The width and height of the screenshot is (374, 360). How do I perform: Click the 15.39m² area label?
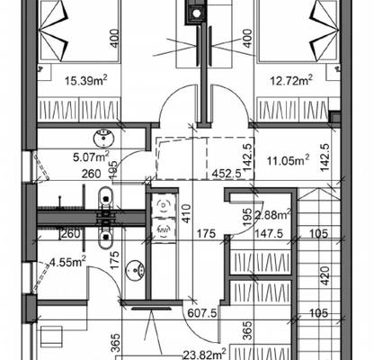pos(86,80)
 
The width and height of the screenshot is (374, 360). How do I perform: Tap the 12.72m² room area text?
pos(292,80)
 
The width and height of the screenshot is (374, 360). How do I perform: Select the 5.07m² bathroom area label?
pos(91,156)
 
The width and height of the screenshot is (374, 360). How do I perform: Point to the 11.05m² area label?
pos(288,160)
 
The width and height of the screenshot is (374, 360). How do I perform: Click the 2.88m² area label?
pos(272,215)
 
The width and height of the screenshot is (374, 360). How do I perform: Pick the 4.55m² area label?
pos(68,262)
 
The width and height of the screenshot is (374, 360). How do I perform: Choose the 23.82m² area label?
pos(205,355)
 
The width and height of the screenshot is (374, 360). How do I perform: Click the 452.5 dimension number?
pos(227,174)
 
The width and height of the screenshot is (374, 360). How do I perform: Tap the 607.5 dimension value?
pos(202,313)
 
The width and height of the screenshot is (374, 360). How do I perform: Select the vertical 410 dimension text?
pos(186,213)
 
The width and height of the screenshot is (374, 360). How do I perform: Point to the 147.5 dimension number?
pos(269,233)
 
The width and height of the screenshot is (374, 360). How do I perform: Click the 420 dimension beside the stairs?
pos(325,275)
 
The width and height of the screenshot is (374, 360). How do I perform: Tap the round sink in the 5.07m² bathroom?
pos(104,139)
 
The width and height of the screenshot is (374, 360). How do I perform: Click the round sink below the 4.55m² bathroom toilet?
pos(135,269)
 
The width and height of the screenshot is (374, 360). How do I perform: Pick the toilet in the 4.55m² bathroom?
pos(105,237)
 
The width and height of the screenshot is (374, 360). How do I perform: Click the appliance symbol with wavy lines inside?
pos(163,229)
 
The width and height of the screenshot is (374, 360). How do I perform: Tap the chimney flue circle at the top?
pos(196,13)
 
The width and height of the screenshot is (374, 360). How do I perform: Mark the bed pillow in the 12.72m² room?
pos(325,29)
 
